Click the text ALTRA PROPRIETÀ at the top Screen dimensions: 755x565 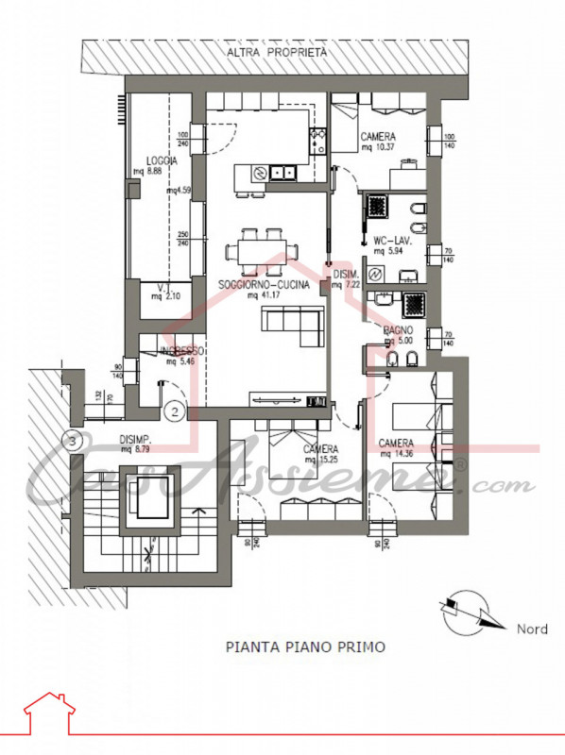coord(277,53)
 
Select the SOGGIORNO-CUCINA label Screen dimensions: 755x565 coord(264,284)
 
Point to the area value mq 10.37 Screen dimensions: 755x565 coord(377,146)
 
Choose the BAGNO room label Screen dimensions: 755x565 coord(397,329)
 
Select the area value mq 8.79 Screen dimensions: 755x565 coord(137,448)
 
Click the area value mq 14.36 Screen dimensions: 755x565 coord(396,453)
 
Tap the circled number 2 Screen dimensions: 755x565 coord(173,411)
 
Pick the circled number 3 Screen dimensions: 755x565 coord(69,439)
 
